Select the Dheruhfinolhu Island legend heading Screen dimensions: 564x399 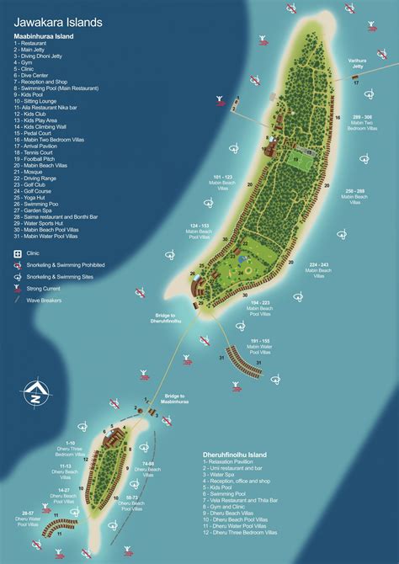point(241,455)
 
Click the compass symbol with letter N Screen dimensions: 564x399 point(35,392)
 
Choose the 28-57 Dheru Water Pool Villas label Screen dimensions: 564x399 point(27,517)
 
